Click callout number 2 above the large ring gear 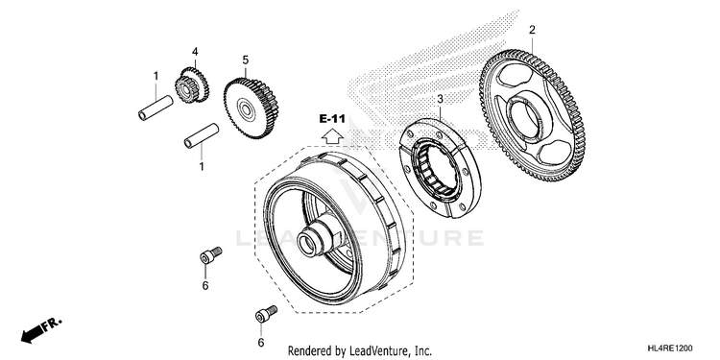pos(532,31)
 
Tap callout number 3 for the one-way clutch pos(440,99)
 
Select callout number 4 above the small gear pos(195,52)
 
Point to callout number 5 pos(245,60)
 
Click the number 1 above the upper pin pos(156,76)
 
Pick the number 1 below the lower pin pos(202,167)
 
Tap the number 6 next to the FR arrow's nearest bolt pos(205,286)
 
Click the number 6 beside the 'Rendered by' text pos(261,343)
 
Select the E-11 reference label pos(332,119)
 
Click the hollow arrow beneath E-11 pos(332,135)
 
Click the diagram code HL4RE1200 pos(669,348)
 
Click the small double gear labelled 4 pos(192,84)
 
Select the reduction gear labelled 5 pos(251,108)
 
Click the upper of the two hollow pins pos(156,108)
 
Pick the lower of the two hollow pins pos(202,136)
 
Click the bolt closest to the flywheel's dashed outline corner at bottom pos(266,314)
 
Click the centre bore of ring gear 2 pos(525,119)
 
